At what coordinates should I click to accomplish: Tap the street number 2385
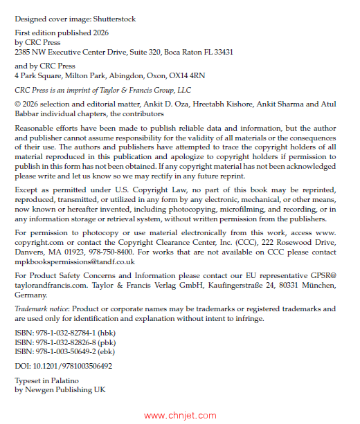click(25, 52)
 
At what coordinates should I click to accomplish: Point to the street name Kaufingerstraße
click(239, 284)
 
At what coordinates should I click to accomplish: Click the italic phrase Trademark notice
click(41, 308)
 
